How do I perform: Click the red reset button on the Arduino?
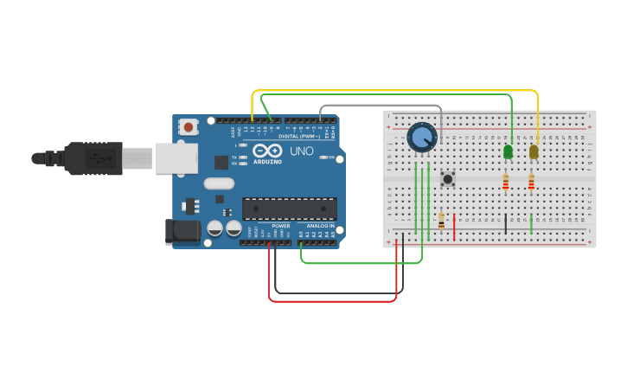(x=189, y=127)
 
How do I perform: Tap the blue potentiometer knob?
(x=422, y=137)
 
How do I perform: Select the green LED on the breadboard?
(x=508, y=151)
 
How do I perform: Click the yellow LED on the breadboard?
(x=534, y=151)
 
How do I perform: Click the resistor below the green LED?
(x=506, y=181)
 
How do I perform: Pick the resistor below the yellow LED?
(x=531, y=181)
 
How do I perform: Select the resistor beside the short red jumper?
(x=441, y=222)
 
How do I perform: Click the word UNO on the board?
(x=301, y=151)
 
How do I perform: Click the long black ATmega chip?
(x=289, y=209)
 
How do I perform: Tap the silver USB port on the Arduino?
(x=176, y=158)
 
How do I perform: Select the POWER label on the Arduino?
(x=280, y=226)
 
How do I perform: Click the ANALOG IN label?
(x=319, y=226)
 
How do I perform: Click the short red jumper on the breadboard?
(x=454, y=226)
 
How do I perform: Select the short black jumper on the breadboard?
(x=506, y=224)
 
